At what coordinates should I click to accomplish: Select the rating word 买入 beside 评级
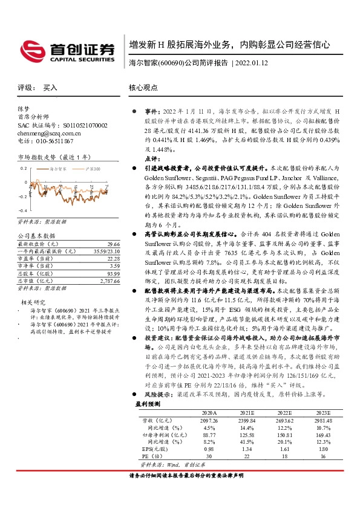(x=50, y=88)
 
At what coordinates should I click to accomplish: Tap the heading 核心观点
(x=143, y=88)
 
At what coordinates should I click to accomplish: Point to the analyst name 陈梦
(x=23, y=109)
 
